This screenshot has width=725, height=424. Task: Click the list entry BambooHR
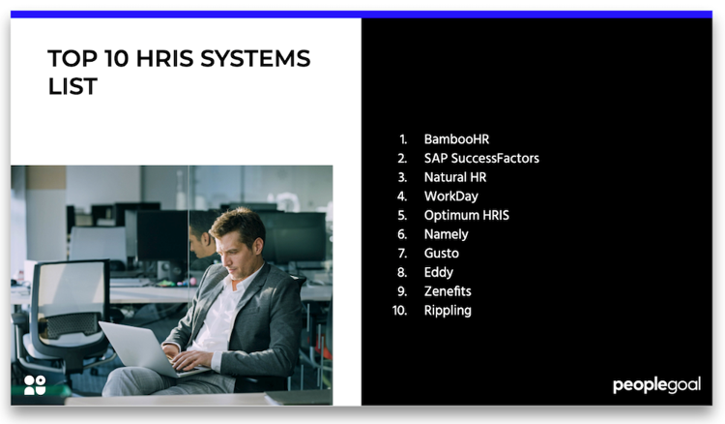[456, 139]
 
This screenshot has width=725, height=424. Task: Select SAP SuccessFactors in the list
[481, 158]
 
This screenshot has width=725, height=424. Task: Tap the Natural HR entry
[455, 177]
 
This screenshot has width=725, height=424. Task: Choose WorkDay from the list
[450, 197]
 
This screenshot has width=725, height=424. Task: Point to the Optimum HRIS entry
[466, 215]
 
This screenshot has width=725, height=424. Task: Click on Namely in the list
[446, 234]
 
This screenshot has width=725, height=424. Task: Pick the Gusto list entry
[441, 254]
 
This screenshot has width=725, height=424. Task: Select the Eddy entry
[438, 272]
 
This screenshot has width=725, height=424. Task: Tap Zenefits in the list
[448, 291]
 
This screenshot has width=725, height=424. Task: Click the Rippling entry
[448, 311]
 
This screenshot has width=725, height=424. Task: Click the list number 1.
[403, 139]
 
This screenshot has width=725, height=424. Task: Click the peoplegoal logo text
[656, 385]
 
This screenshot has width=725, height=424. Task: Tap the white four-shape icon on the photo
[35, 384]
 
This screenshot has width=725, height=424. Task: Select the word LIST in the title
[72, 87]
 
